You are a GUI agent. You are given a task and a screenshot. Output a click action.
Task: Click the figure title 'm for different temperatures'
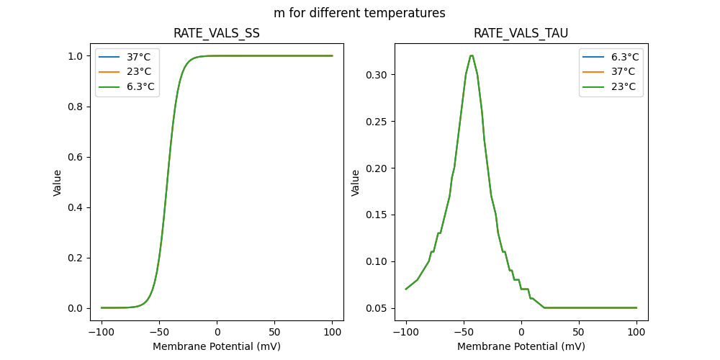click(359, 13)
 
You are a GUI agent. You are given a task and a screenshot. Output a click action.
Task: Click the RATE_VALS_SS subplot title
click(217, 34)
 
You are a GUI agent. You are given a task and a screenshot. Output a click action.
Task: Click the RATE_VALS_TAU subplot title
click(521, 34)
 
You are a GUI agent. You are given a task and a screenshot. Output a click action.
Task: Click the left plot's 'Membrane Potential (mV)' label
click(217, 346)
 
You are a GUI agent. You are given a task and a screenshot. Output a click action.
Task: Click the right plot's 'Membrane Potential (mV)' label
click(521, 346)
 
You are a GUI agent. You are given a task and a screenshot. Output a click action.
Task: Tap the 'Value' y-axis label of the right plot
click(355, 183)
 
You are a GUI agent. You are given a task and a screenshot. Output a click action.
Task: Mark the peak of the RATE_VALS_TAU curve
click(471, 55)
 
